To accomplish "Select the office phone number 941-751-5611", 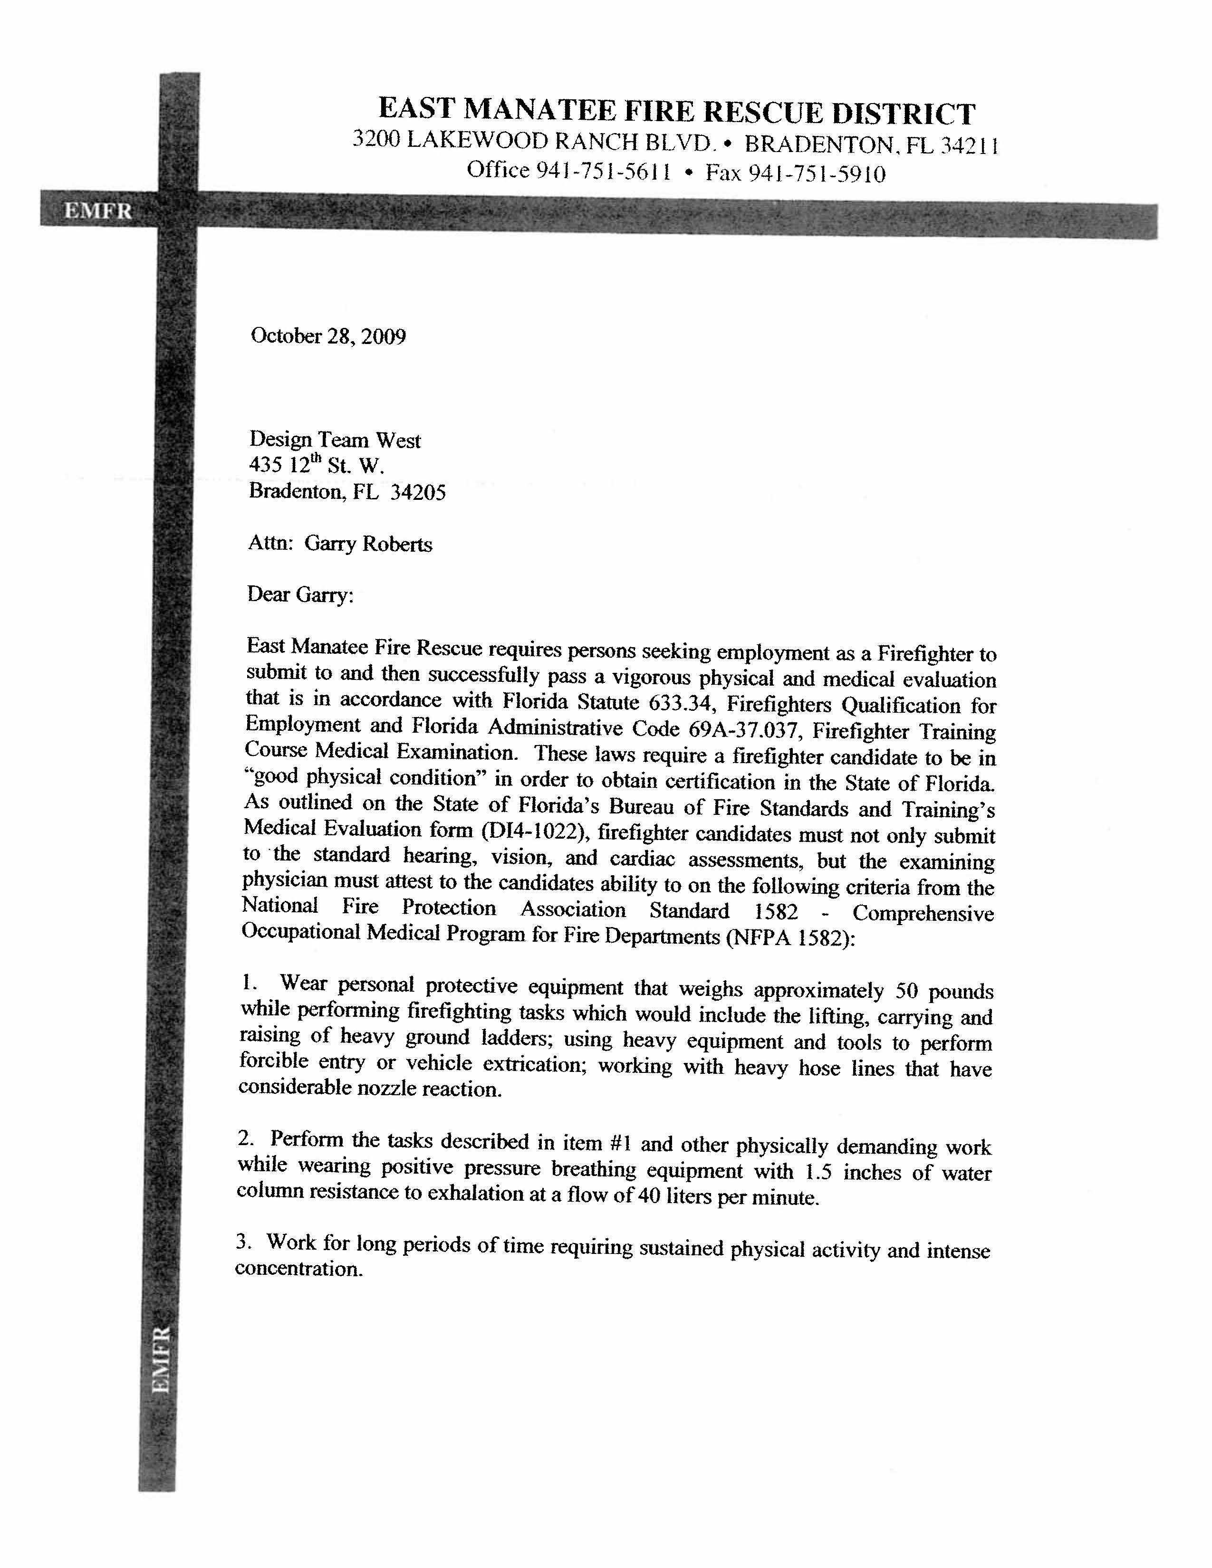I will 604,172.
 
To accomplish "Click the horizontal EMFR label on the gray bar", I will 98,211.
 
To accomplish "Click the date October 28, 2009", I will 328,336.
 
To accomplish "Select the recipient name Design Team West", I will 335,440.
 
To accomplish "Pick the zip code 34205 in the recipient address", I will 418,493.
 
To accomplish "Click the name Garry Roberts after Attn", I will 368,544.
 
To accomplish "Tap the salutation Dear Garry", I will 300,594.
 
